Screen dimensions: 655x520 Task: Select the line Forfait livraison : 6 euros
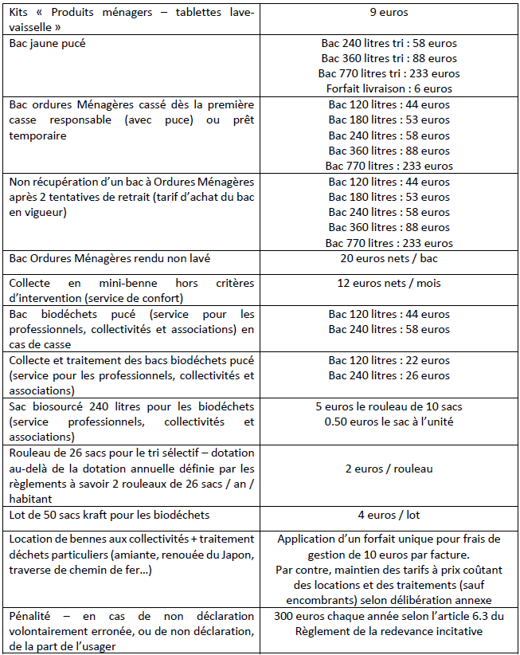[x=389, y=88]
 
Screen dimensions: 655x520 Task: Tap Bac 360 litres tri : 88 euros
[x=389, y=58]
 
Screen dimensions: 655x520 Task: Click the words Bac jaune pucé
[x=47, y=43]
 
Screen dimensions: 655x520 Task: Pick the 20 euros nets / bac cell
[x=389, y=259]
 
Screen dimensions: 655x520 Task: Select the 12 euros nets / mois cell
[x=389, y=283]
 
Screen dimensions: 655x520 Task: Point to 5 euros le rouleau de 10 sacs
[x=389, y=406]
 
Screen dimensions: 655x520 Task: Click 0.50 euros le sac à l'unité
[x=389, y=422]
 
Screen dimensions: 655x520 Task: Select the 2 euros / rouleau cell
[x=389, y=469]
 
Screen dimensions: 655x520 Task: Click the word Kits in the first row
[x=20, y=12]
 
